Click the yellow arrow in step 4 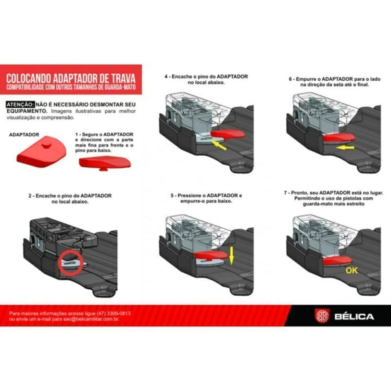219,145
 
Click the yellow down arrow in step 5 231,256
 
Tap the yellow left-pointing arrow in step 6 345,148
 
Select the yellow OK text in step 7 352,270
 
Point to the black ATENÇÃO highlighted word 20,104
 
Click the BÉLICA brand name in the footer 354,317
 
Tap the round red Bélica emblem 322,316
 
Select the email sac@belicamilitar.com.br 91,319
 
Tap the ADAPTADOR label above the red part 24,135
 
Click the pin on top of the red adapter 47,145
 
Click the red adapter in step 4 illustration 227,134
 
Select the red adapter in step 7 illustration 337,260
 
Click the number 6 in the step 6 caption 290,79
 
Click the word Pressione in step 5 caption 189,195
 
